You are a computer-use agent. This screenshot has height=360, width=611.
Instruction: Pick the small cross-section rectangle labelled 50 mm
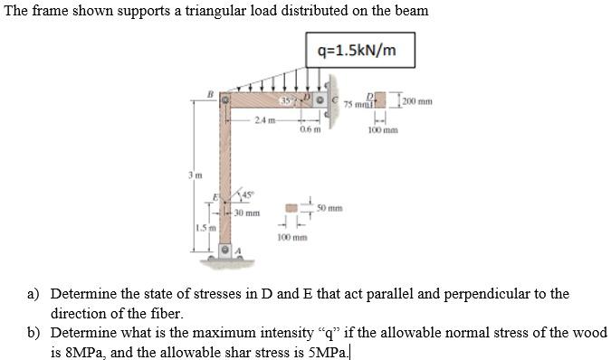(292, 208)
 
